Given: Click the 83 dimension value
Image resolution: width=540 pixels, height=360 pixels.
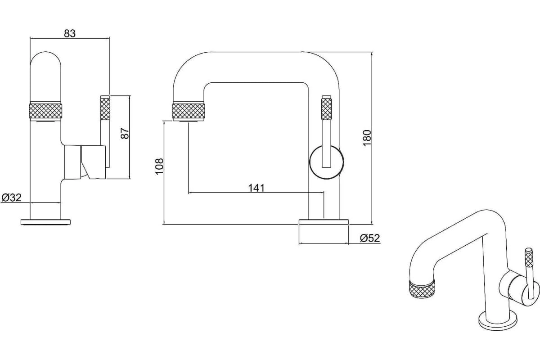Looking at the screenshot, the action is [x=70, y=33].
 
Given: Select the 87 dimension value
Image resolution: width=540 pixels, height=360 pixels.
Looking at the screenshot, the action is [x=125, y=133].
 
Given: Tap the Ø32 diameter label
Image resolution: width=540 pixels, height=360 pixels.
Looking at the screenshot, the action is [x=12, y=198].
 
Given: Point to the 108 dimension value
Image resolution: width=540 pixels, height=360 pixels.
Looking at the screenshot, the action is [x=159, y=166].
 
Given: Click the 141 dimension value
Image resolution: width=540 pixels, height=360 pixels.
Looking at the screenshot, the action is [x=256, y=188].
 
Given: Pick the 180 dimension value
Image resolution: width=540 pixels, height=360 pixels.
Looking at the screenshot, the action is [x=367, y=138].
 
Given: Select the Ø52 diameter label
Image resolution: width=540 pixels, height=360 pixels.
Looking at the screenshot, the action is [x=370, y=238].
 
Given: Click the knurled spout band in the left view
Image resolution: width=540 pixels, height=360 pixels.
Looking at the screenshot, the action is [x=45, y=111].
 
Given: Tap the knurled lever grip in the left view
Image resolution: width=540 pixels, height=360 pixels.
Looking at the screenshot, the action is [x=105, y=109].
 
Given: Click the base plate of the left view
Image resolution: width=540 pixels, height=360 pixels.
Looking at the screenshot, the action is [x=45, y=222].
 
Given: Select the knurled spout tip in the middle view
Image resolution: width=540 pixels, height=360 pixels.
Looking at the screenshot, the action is [x=189, y=111].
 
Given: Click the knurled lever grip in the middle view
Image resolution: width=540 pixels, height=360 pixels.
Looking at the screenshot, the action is [x=327, y=109].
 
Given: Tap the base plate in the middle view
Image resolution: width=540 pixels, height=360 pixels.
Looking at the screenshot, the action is [x=324, y=222].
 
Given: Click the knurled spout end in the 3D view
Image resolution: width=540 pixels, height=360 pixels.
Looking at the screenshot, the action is [x=422, y=289].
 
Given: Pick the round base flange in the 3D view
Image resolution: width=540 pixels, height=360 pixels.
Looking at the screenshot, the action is [x=498, y=321].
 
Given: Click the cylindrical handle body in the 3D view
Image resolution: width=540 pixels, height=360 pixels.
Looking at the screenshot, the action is [x=518, y=289].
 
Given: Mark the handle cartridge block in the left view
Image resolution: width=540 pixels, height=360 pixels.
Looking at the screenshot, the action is [x=93, y=162].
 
